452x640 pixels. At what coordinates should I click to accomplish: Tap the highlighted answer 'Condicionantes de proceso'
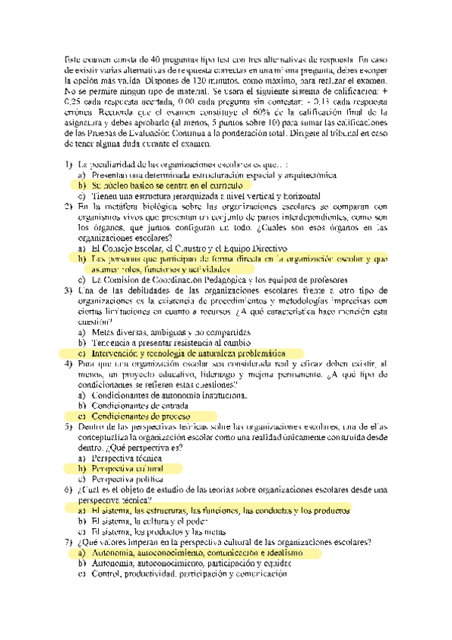click(140, 416)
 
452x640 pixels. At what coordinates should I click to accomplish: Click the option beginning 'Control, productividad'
click(189, 574)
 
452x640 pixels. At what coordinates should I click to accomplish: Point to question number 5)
click(69, 426)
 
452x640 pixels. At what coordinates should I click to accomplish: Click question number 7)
click(69, 542)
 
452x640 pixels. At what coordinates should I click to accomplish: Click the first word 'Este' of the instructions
click(73, 58)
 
